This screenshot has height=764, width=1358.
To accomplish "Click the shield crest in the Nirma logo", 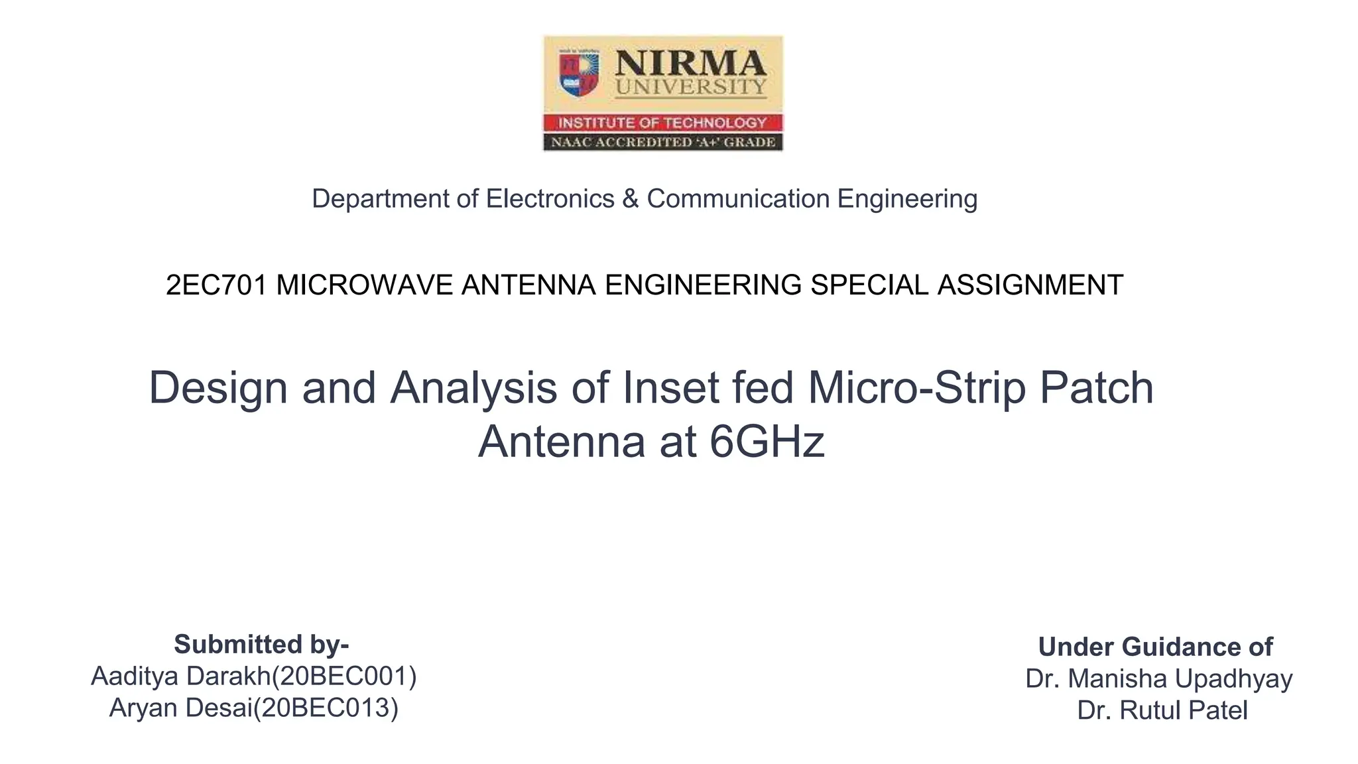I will (x=579, y=74).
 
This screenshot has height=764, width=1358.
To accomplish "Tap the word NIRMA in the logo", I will (x=690, y=64).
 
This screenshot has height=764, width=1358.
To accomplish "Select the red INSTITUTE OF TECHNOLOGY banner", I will (x=662, y=123).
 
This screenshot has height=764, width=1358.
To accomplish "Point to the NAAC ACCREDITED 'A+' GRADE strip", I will (x=662, y=142).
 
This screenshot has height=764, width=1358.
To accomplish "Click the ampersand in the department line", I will (x=630, y=199).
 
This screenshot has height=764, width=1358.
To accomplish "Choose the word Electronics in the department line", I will (x=550, y=199).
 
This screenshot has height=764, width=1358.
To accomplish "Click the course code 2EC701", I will (x=216, y=285).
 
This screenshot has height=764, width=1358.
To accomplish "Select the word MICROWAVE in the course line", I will (x=365, y=285).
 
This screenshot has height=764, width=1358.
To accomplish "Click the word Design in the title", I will (x=218, y=388).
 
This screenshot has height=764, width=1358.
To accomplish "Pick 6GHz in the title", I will (x=767, y=442).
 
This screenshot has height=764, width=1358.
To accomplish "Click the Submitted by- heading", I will (x=261, y=644).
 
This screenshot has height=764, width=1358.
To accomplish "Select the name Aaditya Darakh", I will (x=180, y=676).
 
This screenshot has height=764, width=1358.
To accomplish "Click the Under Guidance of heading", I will (x=1155, y=647).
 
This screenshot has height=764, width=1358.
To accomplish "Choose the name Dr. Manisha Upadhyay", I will (x=1158, y=678).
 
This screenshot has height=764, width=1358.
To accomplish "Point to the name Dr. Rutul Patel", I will (x=1162, y=710).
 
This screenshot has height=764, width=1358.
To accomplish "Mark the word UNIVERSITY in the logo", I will (x=690, y=87).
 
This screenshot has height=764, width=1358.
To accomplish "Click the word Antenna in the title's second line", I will (x=561, y=442).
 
